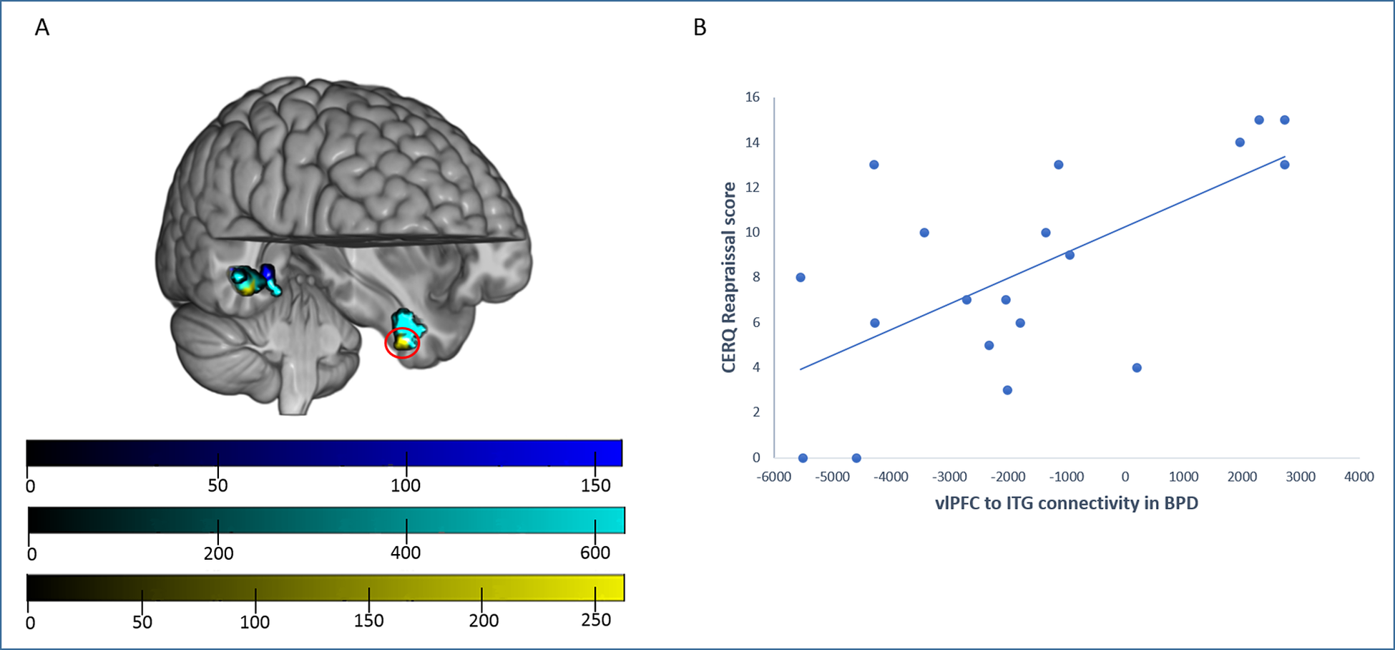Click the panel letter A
coord(42,28)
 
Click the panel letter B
coord(700,28)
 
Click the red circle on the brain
coord(402,344)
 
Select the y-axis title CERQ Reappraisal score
coord(729,277)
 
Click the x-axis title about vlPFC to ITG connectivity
coord(1066,503)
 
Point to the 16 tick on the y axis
coord(752,97)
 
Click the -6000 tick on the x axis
coord(773,477)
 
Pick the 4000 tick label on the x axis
coord(1359,477)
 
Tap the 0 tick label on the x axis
coord(1125,477)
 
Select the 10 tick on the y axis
coord(752,232)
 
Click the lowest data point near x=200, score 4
coord(1137,368)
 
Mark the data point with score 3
coord(1007,390)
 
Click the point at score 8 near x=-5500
coord(801,278)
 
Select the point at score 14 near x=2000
coord(1240,142)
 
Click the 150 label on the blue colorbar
coord(595,485)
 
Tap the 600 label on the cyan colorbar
coord(595,553)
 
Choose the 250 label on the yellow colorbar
coord(596,620)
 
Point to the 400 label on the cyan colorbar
coord(406,553)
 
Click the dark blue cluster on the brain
coord(268,273)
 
